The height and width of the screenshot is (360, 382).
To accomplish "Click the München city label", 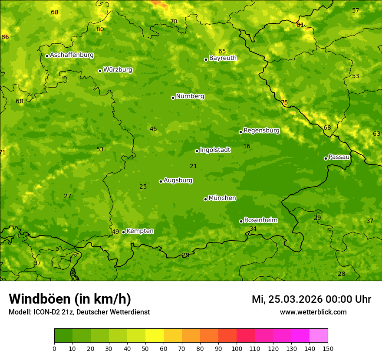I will click(x=222, y=198).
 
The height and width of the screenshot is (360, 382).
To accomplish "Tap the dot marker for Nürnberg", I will click(x=173, y=98).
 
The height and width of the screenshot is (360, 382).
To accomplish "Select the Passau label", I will click(x=339, y=157).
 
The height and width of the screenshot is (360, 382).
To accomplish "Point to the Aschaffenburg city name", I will click(x=72, y=55).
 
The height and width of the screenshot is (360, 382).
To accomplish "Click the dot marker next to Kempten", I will click(x=123, y=232).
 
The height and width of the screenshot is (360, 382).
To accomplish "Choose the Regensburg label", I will click(x=261, y=131).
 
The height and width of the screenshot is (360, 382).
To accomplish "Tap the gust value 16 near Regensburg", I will click(x=247, y=147).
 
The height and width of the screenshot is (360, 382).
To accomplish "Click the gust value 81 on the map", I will click(x=300, y=25).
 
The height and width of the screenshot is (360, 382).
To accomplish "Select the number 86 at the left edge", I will click(x=5, y=37).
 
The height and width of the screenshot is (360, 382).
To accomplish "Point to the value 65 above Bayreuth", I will click(x=222, y=52).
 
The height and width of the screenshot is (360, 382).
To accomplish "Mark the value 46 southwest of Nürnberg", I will click(x=153, y=129).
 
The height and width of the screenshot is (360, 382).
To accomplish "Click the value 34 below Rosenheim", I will click(x=253, y=229).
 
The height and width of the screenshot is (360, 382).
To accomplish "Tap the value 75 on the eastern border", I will click(x=284, y=103).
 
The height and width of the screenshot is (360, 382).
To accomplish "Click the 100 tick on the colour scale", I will click(x=237, y=348).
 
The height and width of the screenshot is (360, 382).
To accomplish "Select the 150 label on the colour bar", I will click(x=328, y=348).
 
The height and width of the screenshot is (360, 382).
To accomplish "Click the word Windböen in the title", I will click(x=40, y=299).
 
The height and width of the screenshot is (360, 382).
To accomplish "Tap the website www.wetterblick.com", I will click(x=313, y=312).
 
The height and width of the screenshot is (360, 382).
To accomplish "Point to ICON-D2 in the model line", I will click(x=47, y=312).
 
